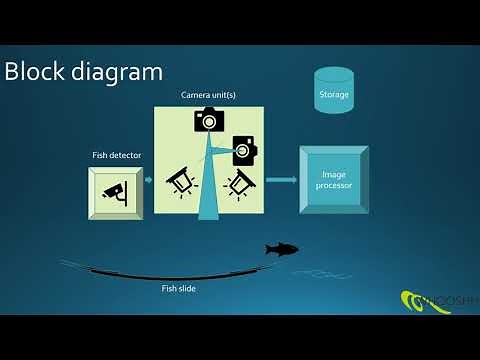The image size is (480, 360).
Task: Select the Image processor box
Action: tap(334, 180)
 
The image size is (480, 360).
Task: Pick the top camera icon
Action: tap(207, 119)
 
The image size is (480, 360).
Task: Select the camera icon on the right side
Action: tap(244, 150)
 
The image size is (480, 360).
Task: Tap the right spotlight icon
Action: tap(240, 183)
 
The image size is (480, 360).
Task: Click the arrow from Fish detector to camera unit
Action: tap(146, 181)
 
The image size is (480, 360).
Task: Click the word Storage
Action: tap(333, 96)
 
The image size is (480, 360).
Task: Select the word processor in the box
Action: tap(334, 186)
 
